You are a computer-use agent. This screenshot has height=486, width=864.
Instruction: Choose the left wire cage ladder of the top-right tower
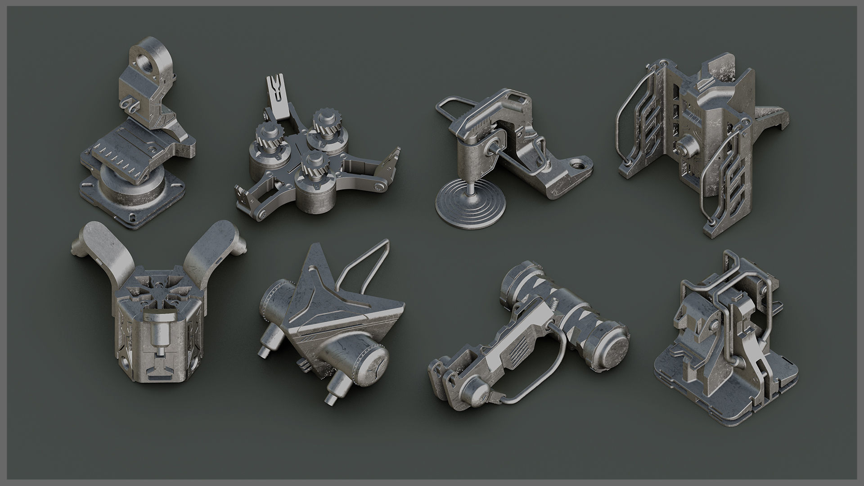(628, 121)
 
